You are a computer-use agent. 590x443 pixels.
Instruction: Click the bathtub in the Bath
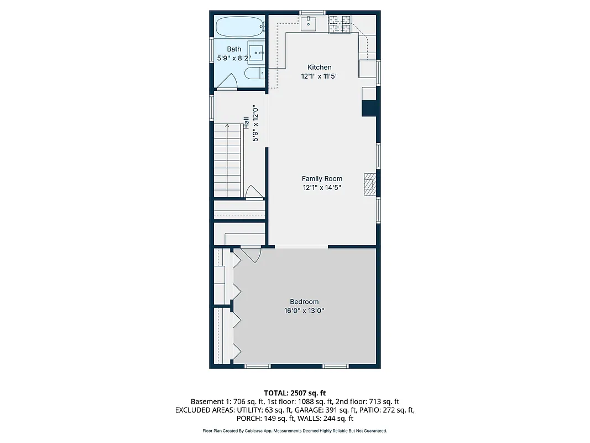(238, 26)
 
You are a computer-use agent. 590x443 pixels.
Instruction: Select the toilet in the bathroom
(254, 74)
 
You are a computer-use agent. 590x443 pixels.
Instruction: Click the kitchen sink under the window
(309, 23)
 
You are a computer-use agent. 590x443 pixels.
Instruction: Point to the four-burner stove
(340, 24)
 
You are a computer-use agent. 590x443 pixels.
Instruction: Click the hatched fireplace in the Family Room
(369, 184)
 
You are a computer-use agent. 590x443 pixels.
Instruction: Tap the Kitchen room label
(319, 67)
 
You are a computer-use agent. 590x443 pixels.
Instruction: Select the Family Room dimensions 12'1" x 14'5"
(321, 188)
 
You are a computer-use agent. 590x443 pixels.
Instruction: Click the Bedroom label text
(304, 302)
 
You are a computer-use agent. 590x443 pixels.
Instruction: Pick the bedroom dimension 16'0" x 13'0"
(304, 311)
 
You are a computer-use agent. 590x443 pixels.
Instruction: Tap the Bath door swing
(227, 83)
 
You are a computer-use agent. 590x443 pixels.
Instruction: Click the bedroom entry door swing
(252, 254)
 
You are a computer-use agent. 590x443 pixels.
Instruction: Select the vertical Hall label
(246, 123)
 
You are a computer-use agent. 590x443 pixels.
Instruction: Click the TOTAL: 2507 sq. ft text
(295, 393)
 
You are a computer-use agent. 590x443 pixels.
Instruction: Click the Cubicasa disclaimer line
(295, 431)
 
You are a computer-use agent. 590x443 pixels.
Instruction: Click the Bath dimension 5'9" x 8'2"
(234, 57)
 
